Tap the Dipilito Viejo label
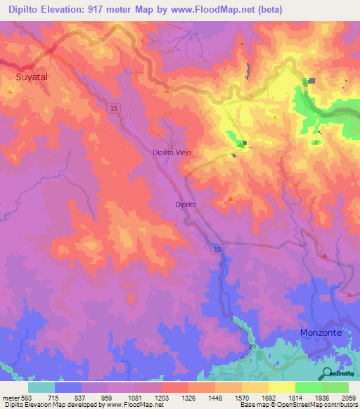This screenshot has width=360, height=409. pos(172,152)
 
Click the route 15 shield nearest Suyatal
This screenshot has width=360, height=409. pos(114,108)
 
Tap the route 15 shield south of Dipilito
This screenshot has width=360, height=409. pos(217,249)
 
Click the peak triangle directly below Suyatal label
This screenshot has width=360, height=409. pos(11,91)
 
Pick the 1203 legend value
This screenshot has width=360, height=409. pos(162,397)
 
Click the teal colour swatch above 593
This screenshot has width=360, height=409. pos(41,387)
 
